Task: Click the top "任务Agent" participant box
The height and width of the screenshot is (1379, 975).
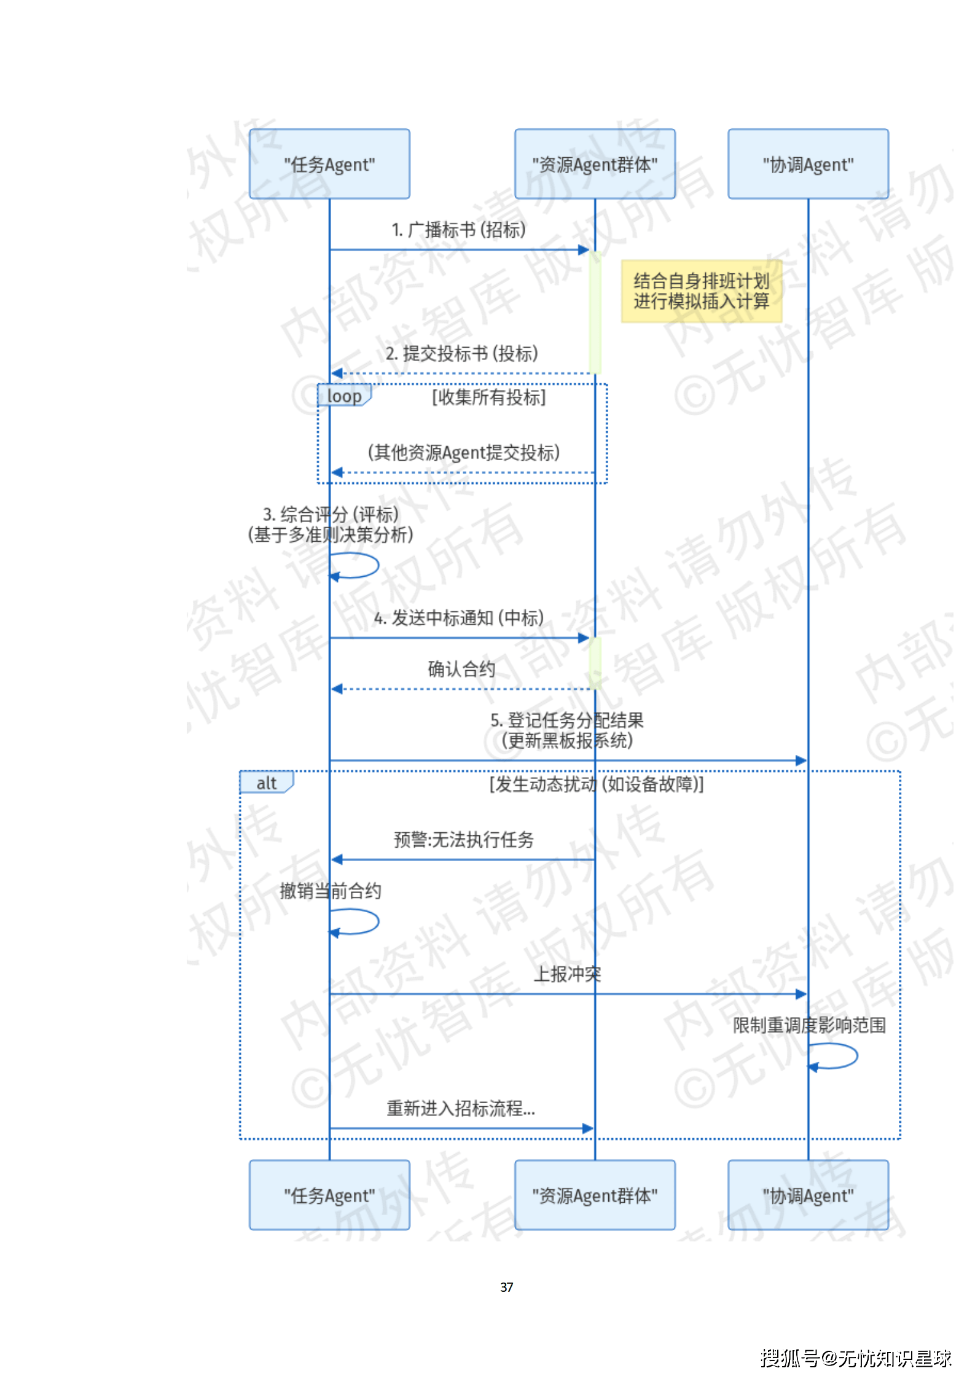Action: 329,164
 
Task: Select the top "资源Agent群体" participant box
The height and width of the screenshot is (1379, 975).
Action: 594,164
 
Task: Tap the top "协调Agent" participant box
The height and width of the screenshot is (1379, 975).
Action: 807,164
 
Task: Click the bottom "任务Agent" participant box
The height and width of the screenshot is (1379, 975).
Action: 329,1195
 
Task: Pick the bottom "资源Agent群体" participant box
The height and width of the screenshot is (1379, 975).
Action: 594,1195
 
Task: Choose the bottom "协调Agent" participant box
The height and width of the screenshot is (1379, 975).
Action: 807,1195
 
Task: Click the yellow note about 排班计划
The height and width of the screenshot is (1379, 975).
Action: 701,291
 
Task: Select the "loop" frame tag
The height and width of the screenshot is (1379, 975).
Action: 344,396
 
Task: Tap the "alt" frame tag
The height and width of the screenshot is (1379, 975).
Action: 266,783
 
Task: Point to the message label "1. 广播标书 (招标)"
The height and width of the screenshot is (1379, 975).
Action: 459,230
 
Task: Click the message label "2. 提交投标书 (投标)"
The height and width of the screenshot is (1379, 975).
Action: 461,353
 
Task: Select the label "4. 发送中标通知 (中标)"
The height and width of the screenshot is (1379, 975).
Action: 459,617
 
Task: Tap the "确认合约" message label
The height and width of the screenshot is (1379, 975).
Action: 461,668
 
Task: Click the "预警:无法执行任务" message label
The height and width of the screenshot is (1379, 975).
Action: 464,839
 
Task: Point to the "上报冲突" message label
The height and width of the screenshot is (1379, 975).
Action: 567,974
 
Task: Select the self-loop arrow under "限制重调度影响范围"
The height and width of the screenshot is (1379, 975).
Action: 834,1056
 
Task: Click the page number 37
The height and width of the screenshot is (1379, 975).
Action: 506,1287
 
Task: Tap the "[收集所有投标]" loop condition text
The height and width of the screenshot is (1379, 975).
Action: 488,397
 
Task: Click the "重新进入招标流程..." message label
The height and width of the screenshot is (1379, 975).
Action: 461,1108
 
